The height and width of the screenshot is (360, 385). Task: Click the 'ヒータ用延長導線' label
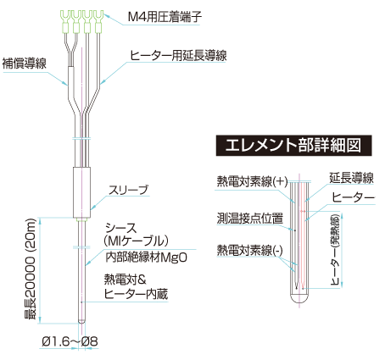[177, 55]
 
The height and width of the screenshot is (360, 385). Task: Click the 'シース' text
[119, 228]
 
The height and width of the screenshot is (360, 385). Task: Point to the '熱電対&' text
[125, 279]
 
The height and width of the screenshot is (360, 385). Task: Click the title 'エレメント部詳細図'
[288, 145]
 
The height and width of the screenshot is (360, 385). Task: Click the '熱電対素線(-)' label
[251, 249]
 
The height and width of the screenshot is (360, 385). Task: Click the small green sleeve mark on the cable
[81, 221]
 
